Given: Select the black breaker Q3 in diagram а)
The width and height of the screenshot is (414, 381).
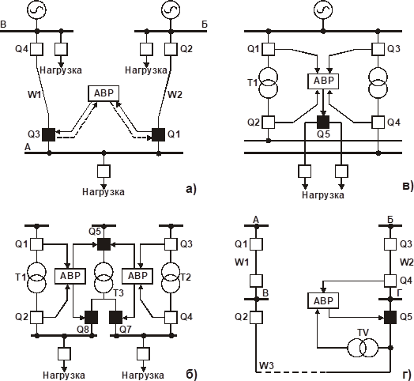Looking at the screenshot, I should point(48,134).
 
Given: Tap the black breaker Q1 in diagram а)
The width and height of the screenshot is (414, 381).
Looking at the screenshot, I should point(157,134).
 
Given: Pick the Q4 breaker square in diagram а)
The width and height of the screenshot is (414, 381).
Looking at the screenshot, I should point(36,49).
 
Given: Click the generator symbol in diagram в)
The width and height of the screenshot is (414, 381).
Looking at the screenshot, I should point(321,10).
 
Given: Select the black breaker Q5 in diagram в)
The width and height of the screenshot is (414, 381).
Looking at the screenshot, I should point(322,122).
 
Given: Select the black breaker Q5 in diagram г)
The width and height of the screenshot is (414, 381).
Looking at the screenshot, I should point(389,318).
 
